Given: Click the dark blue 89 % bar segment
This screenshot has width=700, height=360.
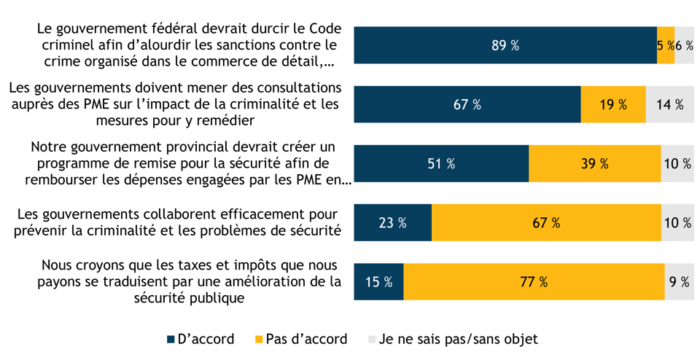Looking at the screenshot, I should [x=505, y=45].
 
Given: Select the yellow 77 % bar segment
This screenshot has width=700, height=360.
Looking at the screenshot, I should [x=534, y=281].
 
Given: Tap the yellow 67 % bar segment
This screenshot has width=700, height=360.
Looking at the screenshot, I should [x=546, y=222].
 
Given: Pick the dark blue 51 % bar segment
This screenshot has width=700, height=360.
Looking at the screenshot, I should [x=441, y=163].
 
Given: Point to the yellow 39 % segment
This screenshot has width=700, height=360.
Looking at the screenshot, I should [x=595, y=163].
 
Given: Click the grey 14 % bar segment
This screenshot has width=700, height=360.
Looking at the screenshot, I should [x=669, y=104].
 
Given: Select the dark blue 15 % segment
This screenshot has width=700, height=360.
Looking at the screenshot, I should [x=378, y=281].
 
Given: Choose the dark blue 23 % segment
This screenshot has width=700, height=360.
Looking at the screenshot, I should [x=392, y=222].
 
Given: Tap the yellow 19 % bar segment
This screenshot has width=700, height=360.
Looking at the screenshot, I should [x=613, y=104].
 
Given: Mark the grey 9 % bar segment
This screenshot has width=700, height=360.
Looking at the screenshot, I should [x=679, y=281].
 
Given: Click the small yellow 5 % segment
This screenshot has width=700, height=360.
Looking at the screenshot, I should [x=665, y=45].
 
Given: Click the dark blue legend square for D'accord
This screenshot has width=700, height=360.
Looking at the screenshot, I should [x=171, y=340].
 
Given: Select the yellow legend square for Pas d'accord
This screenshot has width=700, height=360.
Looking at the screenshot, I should [x=259, y=340].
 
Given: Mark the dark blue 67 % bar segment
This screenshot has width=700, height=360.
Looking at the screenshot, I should [x=467, y=104].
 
